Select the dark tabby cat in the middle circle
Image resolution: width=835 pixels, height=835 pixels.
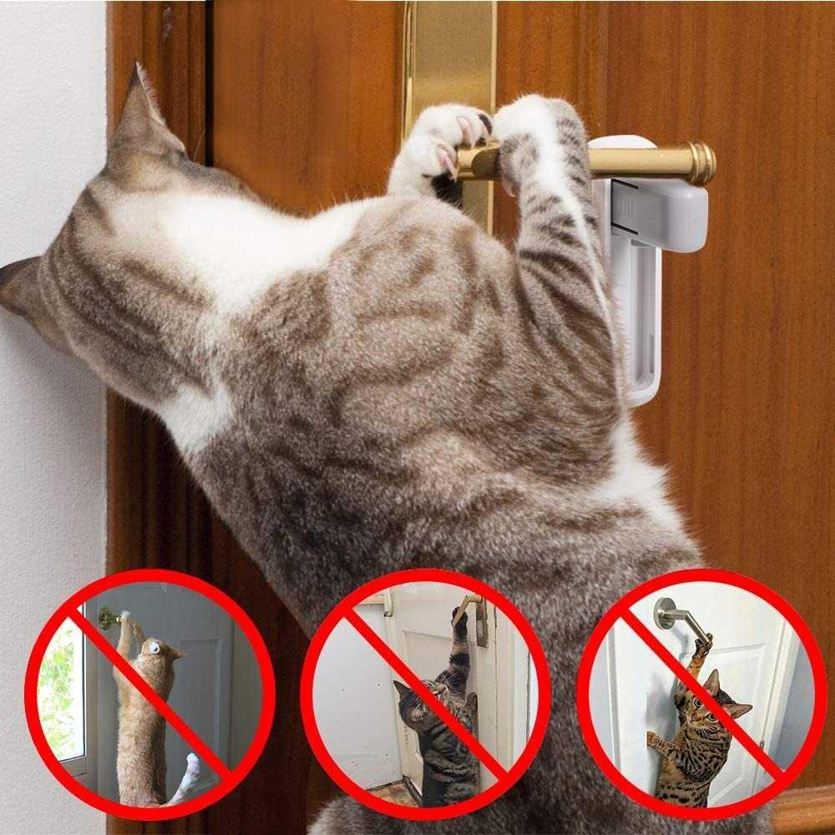click(x=443, y=726)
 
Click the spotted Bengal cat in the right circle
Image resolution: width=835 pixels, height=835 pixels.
click(x=697, y=735)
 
